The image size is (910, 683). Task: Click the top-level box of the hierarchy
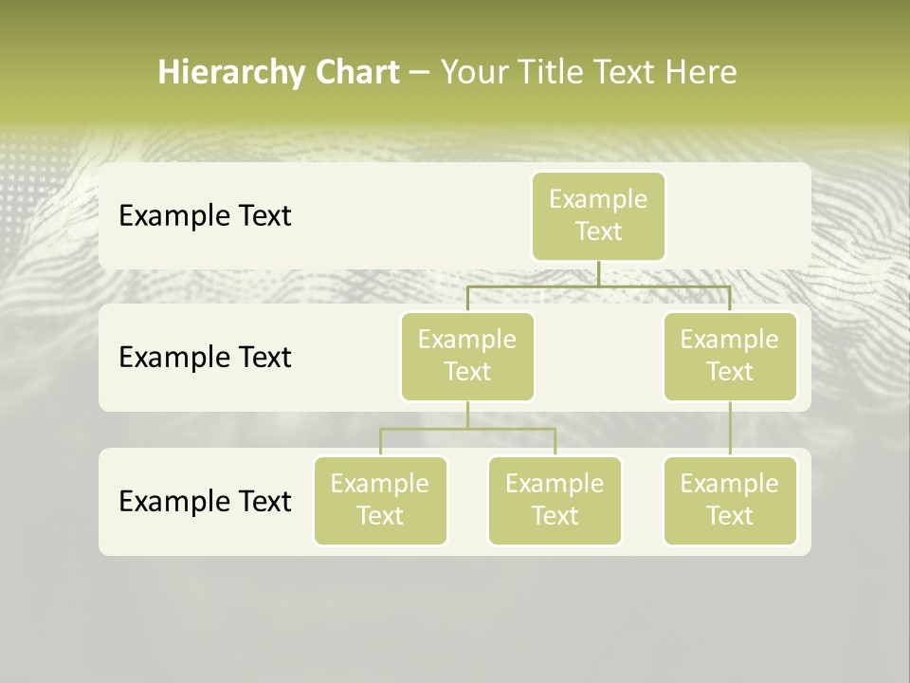click(x=598, y=215)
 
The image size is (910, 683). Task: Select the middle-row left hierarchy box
click(x=467, y=356)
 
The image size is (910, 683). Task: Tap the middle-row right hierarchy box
click(x=730, y=356)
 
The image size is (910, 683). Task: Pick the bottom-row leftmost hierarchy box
click(x=380, y=500)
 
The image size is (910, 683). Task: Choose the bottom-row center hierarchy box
click(x=555, y=500)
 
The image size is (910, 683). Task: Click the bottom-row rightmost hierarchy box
click(x=730, y=500)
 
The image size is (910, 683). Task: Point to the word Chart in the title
click(x=354, y=72)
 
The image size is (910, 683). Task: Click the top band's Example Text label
click(x=205, y=216)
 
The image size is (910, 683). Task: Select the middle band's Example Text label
click(x=205, y=358)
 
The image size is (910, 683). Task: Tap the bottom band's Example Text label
click(x=205, y=501)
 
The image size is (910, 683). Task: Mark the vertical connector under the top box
click(x=598, y=273)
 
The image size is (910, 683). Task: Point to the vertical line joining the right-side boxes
click(x=730, y=429)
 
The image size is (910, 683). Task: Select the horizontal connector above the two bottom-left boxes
click(x=427, y=429)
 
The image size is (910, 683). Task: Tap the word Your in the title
click(x=475, y=72)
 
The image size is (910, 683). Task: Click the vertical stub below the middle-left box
click(x=467, y=415)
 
